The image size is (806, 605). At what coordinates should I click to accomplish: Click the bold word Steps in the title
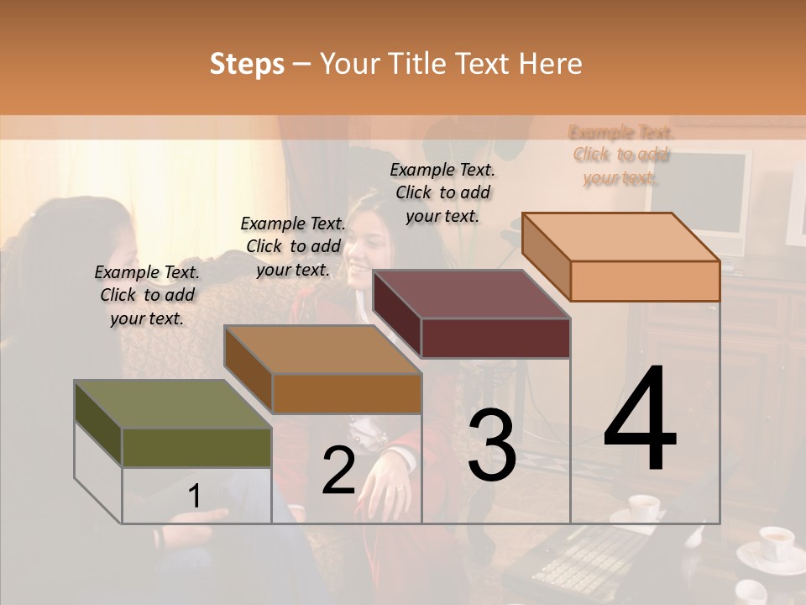[246, 64]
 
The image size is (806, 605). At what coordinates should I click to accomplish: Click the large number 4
[640, 419]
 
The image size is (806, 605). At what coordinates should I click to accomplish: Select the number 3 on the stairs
[491, 445]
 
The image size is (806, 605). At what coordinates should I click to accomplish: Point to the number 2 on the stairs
[338, 471]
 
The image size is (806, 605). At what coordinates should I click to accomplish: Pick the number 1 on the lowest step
[194, 497]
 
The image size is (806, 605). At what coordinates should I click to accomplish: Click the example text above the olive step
[147, 295]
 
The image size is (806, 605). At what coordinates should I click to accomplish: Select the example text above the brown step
[293, 246]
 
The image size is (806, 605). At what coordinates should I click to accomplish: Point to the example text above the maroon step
[442, 192]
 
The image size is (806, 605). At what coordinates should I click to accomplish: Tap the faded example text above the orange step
[621, 155]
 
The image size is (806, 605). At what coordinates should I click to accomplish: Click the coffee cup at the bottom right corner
[774, 543]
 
